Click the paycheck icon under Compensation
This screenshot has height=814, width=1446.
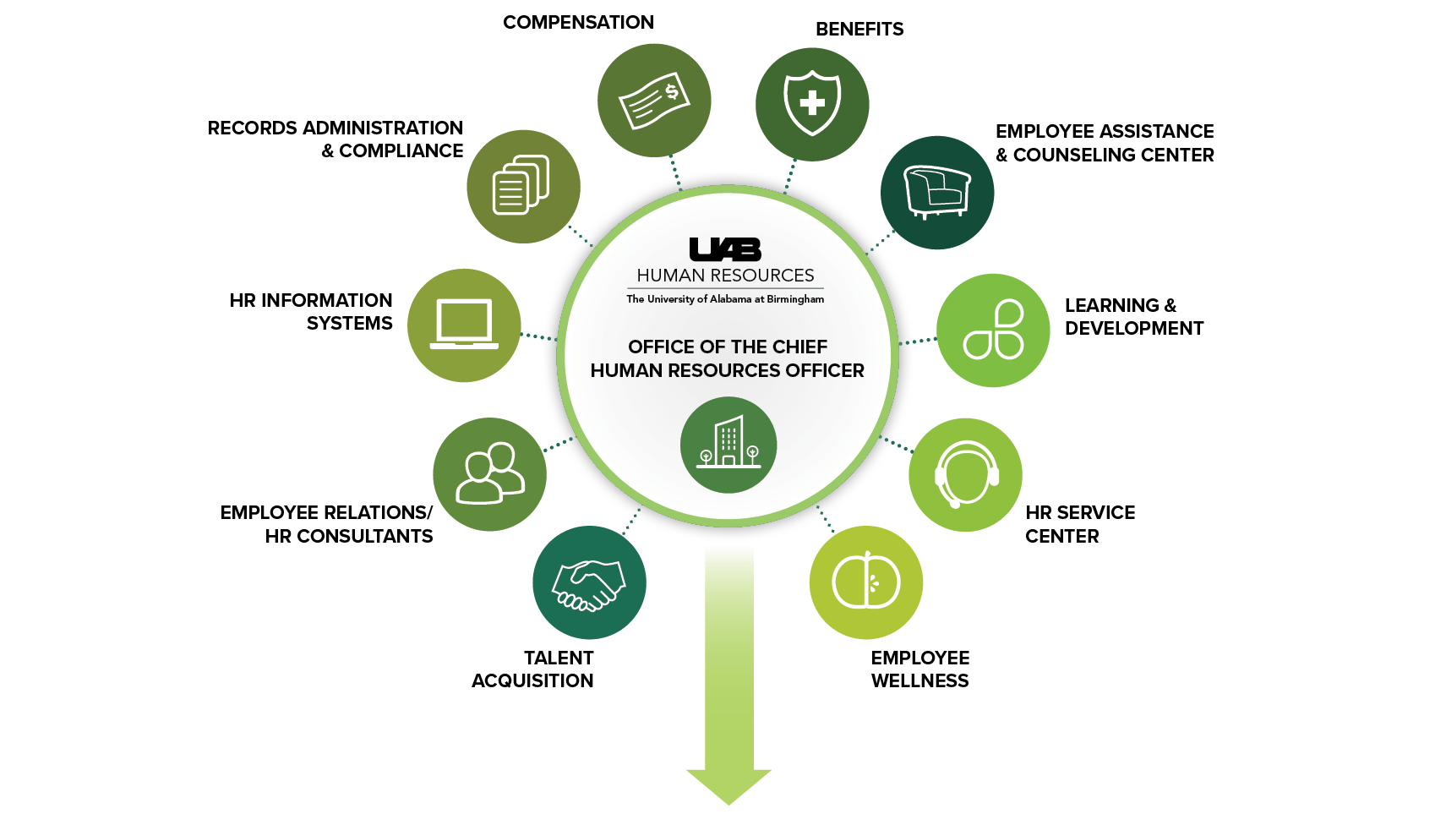(654, 100)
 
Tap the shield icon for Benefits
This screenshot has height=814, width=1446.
(812, 103)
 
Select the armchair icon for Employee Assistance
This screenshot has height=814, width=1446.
(936, 192)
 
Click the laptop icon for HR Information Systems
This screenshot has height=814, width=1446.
(464, 324)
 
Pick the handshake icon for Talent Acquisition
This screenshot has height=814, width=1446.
(589, 585)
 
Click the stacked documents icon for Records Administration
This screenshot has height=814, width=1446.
(521, 184)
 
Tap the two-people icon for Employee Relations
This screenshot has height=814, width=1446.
(490, 473)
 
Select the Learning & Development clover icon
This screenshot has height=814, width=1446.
(994, 330)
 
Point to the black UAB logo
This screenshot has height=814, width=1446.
(725, 249)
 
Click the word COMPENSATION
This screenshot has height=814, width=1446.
(578, 23)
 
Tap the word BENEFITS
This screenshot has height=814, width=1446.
(859, 29)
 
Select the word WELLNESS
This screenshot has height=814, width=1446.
(919, 681)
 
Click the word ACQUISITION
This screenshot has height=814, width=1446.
(532, 681)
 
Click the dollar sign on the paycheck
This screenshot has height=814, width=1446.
(672, 91)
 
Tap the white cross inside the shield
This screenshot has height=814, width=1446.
(812, 102)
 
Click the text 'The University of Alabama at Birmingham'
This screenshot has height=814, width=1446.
(725, 299)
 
